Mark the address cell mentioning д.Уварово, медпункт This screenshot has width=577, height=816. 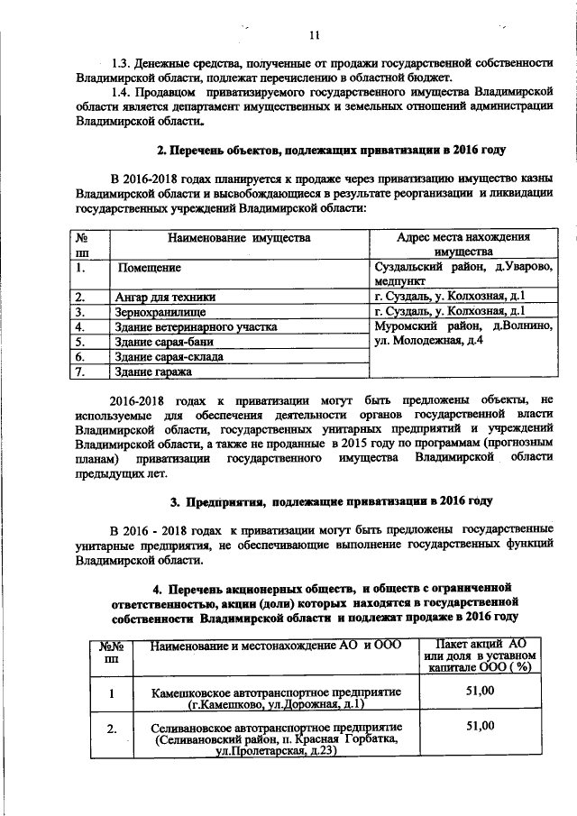tap(463, 274)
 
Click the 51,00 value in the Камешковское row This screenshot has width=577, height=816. tap(480, 692)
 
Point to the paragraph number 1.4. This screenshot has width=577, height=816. tap(121, 92)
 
